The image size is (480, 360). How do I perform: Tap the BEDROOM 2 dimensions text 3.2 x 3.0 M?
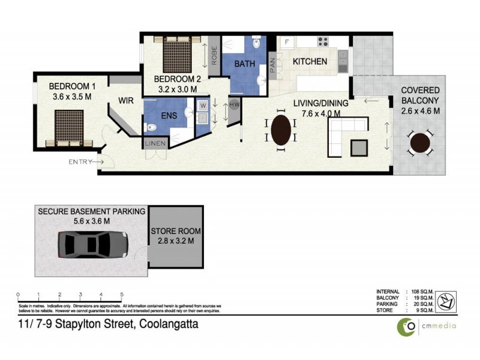tap(178, 89)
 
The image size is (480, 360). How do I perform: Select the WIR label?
tap(126, 101)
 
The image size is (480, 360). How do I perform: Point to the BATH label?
tap(245, 64)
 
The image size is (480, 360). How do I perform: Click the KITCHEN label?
tap(310, 61)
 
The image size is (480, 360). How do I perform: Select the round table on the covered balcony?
tap(420, 143)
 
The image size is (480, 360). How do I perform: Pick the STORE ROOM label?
tap(176, 231)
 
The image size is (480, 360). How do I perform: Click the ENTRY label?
tap(81, 161)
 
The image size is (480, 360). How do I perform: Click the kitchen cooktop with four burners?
tap(323, 41)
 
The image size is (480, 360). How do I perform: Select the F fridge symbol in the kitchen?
tap(287, 41)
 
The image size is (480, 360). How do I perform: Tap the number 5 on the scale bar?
tap(122, 295)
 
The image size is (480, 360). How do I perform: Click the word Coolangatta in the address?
tap(169, 325)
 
